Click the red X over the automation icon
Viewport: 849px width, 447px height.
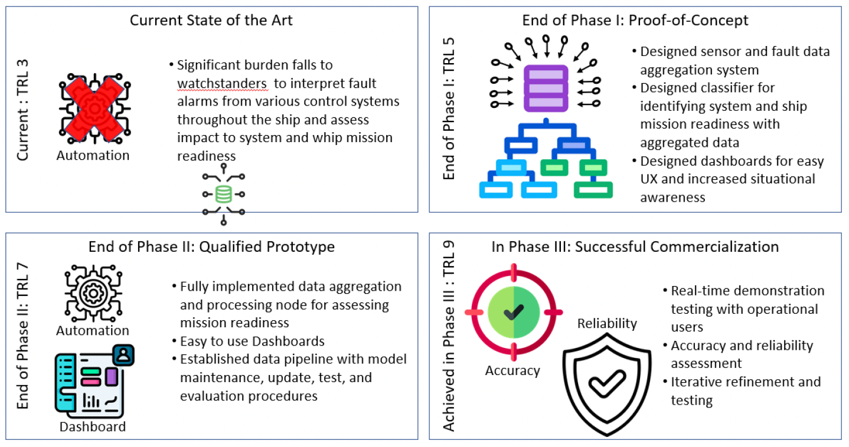click(94, 109)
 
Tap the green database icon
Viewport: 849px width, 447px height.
click(223, 195)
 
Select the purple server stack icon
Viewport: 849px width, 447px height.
click(546, 88)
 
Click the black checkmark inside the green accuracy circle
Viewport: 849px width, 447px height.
click(514, 312)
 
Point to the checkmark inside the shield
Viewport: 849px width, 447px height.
click(607, 383)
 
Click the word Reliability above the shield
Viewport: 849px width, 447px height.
click(607, 323)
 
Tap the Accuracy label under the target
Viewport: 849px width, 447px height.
click(512, 370)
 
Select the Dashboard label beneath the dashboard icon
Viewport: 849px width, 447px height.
click(93, 426)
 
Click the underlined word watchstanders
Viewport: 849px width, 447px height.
click(222, 83)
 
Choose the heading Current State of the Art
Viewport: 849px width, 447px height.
click(211, 20)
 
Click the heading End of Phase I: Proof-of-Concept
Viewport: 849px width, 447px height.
click(635, 20)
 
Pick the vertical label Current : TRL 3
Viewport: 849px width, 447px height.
click(23, 110)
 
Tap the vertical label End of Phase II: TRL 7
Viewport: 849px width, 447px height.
click(23, 336)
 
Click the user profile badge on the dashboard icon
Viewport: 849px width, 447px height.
click(123, 355)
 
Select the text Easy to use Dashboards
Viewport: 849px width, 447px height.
click(252, 341)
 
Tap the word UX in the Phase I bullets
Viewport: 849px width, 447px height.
click(649, 179)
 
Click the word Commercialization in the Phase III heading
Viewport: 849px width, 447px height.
click(677, 246)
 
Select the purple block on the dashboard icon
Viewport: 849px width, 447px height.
click(112, 377)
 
